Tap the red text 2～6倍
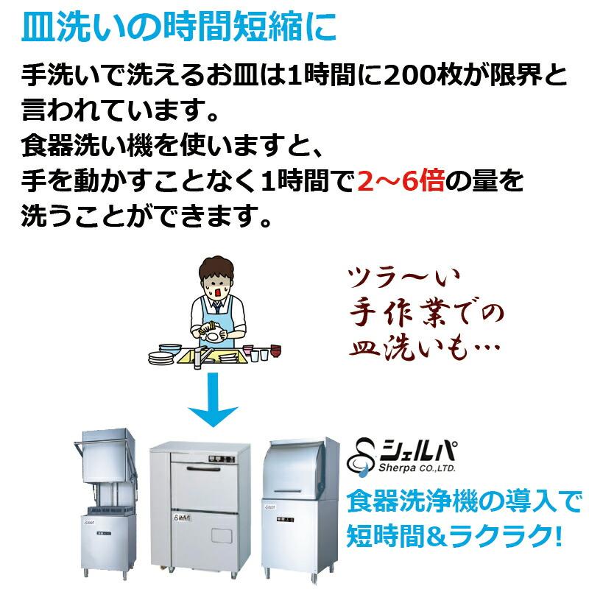point(401,180)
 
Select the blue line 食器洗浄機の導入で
point(463,504)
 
